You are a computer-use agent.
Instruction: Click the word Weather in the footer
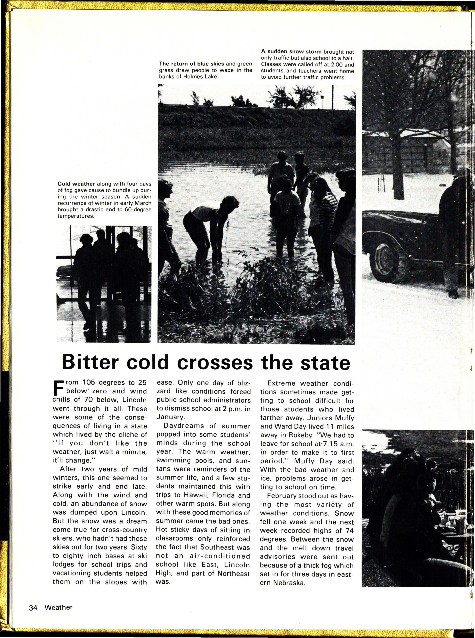(x=59, y=599)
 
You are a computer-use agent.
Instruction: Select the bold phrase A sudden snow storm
(x=291, y=52)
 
